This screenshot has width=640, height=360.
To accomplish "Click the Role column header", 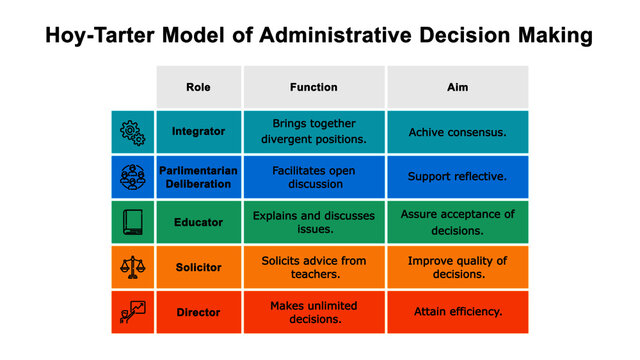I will point(198,87).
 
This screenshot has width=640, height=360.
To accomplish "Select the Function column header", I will point(313,87).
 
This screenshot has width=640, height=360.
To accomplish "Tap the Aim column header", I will point(457,87).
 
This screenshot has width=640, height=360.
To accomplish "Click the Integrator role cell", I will point(198,131).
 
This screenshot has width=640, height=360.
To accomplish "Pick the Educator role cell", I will point(198,222).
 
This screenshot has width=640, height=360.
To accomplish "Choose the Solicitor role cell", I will point(198,267).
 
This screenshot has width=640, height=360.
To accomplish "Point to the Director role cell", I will point(198,312).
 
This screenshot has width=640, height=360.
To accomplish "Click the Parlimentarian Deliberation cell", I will point(198,177).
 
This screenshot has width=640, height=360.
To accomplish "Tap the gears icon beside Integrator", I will point(132,131).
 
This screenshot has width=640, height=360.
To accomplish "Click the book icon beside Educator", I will point(132,222).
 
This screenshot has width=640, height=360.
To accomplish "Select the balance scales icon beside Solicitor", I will point(132,267).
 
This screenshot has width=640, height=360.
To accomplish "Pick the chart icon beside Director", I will point(132,312).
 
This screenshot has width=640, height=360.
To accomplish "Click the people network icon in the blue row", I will point(132,177).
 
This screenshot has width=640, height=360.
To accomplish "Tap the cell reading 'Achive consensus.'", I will point(457,131).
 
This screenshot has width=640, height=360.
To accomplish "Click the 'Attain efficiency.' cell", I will point(457,312).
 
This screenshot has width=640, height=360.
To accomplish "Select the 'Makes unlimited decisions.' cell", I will point(313,312).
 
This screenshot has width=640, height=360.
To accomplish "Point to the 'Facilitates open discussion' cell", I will point(313,177).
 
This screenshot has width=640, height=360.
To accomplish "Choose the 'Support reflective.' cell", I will point(457,177).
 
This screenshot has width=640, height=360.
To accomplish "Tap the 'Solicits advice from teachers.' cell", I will point(313,267).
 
